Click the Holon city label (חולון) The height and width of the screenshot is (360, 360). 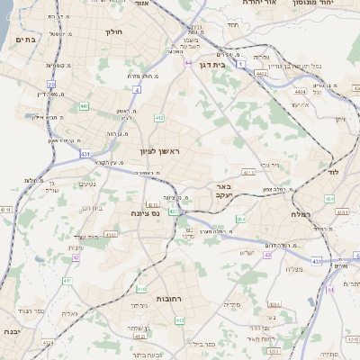[113, 31]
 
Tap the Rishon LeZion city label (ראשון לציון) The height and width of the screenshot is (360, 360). [159, 152]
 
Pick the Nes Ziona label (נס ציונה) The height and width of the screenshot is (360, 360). [144, 213]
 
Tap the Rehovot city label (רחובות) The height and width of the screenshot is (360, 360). [170, 298]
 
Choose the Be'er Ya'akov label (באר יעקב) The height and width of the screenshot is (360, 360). [223, 191]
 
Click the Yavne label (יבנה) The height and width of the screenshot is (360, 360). [13, 331]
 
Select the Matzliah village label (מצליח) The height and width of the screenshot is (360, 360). [293, 269]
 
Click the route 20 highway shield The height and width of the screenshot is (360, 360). [52, 84]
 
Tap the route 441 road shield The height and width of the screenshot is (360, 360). [83, 107]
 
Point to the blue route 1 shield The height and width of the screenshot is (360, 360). [241, 65]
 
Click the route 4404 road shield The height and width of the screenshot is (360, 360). [300, 91]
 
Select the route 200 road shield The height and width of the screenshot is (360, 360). [240, 219]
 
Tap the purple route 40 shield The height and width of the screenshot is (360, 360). [268, 254]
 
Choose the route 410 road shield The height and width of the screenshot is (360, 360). [141, 289]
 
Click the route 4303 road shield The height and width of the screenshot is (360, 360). [111, 234]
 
